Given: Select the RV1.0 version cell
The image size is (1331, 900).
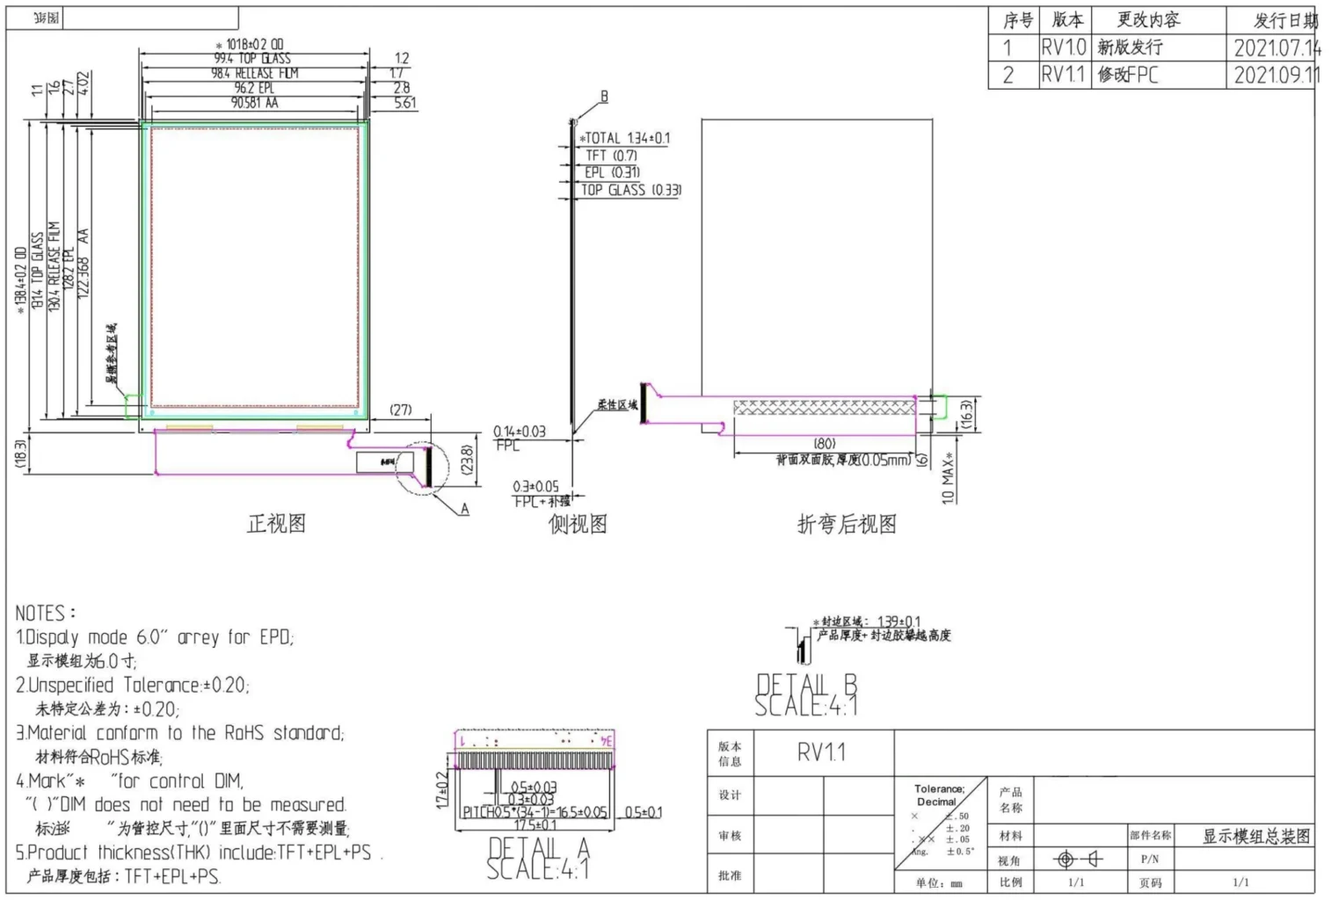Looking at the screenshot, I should pos(1064,47).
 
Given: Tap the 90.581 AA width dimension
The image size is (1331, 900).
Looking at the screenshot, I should pos(255,103).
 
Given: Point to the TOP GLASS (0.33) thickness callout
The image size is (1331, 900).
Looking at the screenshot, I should pos(630,190).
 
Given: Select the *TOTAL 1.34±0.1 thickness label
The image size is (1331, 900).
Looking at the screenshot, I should pos(625,138).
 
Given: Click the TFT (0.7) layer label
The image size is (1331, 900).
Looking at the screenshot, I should pos(611,156).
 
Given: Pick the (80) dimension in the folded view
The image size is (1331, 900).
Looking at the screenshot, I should pos(825,444).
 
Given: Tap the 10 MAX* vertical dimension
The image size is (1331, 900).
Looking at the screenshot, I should pos(949,479).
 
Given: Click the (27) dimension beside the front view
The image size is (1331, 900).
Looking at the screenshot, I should pos(401,410).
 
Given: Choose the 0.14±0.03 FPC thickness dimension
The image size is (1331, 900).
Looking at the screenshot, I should pos(519,432).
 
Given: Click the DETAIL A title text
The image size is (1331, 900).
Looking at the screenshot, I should pos(538,848).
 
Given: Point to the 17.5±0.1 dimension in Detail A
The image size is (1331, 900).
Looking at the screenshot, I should pos(535,825).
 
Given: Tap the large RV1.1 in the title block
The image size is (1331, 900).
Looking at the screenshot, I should pos(821,752).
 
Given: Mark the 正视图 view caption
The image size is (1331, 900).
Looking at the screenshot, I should pos(277,524).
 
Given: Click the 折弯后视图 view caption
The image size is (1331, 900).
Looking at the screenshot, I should pos(847,525).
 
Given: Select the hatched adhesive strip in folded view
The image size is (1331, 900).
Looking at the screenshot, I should pos(823,407).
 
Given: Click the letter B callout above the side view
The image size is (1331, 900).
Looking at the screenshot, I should pos(604,97).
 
